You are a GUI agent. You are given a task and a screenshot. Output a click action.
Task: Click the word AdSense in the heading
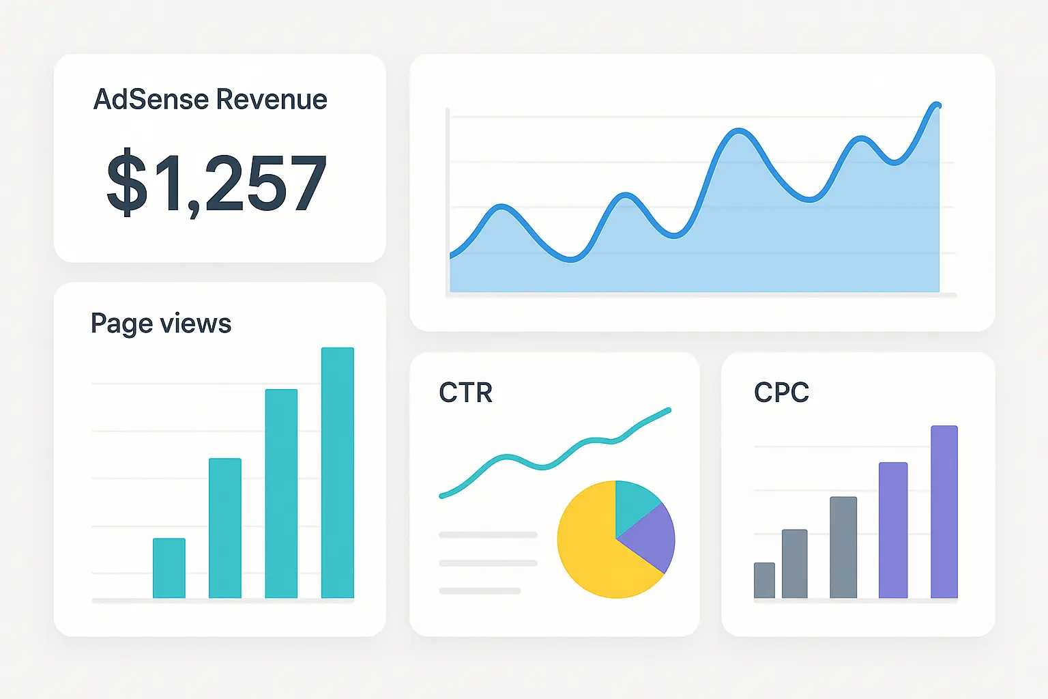[151, 100]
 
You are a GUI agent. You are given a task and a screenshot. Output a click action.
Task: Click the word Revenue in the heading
[272, 100]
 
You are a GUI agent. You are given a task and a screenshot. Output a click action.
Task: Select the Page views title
[161, 324]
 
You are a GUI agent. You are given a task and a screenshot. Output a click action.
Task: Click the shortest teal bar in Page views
[169, 568]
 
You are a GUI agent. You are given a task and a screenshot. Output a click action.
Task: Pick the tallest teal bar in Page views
[338, 472]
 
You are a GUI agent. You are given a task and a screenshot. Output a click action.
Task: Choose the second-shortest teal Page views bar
[225, 528]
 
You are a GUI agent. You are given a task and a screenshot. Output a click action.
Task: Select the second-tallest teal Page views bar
[281, 493]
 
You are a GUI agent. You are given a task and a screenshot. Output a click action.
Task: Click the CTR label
[465, 393]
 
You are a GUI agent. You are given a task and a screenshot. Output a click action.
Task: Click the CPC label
[781, 393]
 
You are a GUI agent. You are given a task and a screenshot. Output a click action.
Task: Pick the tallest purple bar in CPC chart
[944, 512]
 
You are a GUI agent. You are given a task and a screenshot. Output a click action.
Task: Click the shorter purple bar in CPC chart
[893, 530]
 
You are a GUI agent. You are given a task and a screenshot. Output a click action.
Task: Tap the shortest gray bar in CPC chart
[764, 580]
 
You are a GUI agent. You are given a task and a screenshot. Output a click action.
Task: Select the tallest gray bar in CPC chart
[843, 547]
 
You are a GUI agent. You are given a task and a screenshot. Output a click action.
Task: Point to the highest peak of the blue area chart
[936, 104]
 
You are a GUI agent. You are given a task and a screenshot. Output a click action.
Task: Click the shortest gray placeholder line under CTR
[480, 590]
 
